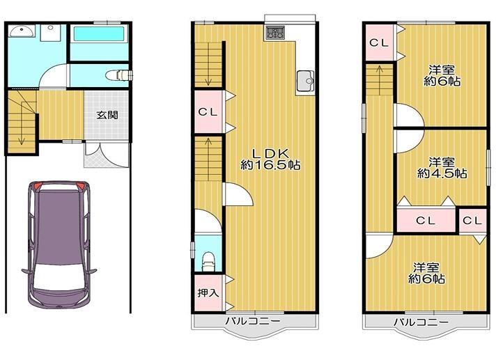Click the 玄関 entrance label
click(107, 114)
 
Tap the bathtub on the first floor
click(98, 34)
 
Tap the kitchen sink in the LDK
click(305, 81)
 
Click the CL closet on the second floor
click(208, 111)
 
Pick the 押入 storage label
click(208, 292)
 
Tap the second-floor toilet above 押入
click(207, 260)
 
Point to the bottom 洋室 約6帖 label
click(426, 273)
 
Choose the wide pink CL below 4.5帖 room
click(426, 220)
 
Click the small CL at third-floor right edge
click(472, 220)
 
